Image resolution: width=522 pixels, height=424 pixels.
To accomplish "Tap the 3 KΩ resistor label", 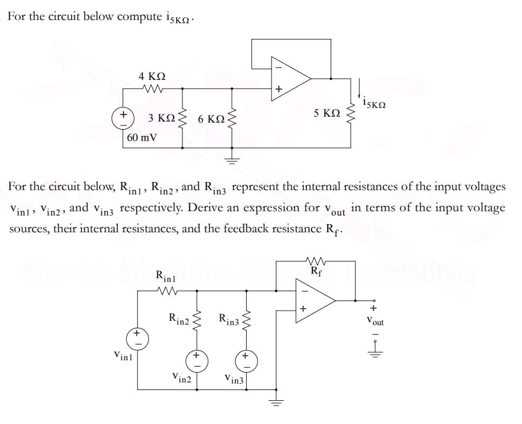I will (161, 118).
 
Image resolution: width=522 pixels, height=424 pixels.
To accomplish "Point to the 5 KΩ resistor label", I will (327, 113).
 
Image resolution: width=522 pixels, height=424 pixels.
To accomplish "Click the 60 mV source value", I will (142, 137).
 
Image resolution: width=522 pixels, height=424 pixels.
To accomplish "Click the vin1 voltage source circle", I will (137, 336).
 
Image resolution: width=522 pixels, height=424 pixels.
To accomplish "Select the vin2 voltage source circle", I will (196, 360).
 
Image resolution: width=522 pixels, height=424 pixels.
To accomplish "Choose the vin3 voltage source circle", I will (246, 360).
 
